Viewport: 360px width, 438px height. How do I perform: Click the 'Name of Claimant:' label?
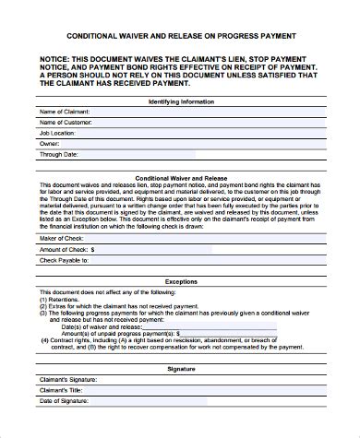pos(66,112)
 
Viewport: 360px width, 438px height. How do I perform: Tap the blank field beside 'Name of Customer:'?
pos(212,124)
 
